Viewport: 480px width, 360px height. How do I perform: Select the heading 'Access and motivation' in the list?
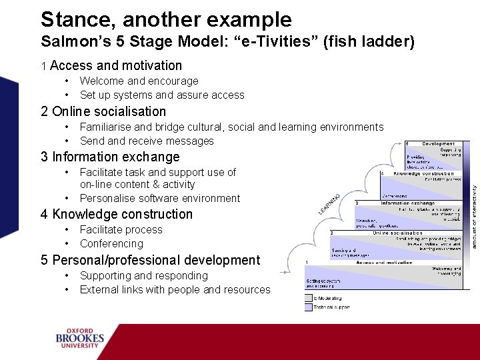116,65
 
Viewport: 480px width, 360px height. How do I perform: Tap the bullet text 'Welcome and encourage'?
139,81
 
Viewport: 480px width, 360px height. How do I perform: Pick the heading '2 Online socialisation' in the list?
103,111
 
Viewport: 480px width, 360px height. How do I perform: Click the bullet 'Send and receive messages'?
147,141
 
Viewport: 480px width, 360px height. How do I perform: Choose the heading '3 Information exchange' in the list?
110,157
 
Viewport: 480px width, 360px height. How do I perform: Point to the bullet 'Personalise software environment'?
160,198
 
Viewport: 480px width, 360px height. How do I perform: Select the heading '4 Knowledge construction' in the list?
117,214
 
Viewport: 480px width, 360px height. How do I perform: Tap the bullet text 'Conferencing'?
111,243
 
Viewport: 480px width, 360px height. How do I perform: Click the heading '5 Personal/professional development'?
150,260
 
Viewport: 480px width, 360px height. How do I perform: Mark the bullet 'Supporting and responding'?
144,275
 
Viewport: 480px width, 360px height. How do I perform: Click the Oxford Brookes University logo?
80,337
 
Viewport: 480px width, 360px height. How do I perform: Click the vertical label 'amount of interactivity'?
475,217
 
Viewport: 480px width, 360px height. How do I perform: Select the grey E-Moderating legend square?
309,298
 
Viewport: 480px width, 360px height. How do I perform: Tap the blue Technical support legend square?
309,307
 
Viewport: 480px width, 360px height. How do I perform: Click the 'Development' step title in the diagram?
438,143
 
